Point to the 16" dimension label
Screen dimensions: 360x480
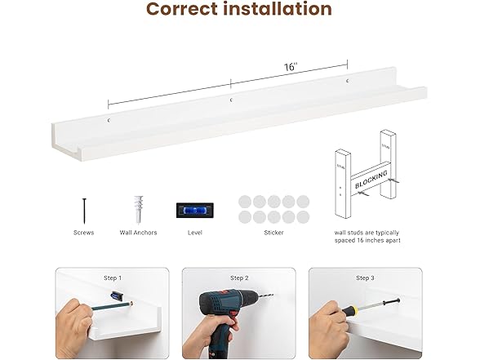pyautogui.click(x=291, y=67)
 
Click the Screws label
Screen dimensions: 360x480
pyautogui.click(x=83, y=233)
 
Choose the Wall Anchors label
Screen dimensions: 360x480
pyautogui.click(x=138, y=233)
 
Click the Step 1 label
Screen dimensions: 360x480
pyautogui.click(x=112, y=278)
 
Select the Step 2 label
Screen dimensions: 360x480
pyautogui.click(x=238, y=278)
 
